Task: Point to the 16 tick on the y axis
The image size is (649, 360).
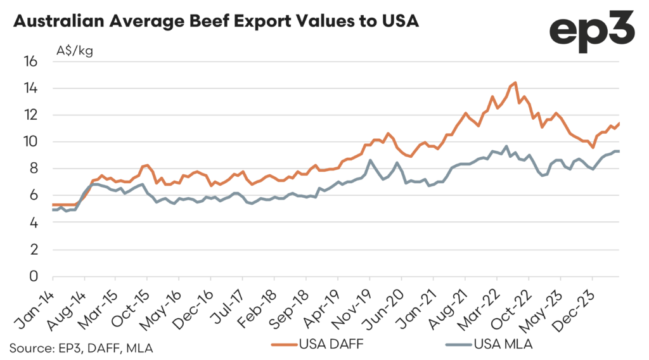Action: (x=30, y=61)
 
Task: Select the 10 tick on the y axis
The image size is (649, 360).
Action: (x=30, y=142)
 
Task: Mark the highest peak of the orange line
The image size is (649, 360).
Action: (x=515, y=82)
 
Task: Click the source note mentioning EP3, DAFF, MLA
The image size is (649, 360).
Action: (x=80, y=347)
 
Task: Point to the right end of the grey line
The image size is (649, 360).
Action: (x=619, y=151)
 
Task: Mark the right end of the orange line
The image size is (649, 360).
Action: (x=619, y=123)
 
